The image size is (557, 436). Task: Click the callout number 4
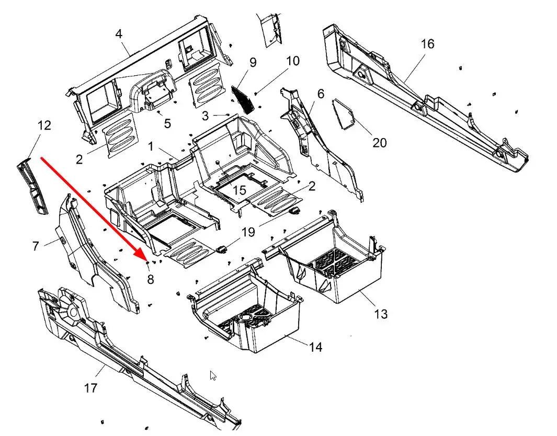click(x=119, y=34)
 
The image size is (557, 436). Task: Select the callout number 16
click(x=427, y=44)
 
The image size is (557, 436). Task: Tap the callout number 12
click(x=44, y=125)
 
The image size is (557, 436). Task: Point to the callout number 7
click(x=36, y=245)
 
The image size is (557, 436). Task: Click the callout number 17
click(x=90, y=388)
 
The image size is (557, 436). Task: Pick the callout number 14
click(x=315, y=347)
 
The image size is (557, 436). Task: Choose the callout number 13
click(x=381, y=314)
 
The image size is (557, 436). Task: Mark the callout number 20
click(x=379, y=142)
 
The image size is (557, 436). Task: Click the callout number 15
click(x=239, y=190)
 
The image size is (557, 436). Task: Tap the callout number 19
click(x=248, y=232)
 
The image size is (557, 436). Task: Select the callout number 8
click(x=151, y=279)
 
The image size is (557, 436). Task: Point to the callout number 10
click(x=293, y=61)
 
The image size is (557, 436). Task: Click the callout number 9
click(x=253, y=63)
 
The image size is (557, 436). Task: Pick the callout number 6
click(x=321, y=94)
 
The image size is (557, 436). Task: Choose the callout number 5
click(x=167, y=123)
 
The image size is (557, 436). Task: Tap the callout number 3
click(x=206, y=114)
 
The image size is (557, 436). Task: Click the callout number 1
click(x=151, y=147)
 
